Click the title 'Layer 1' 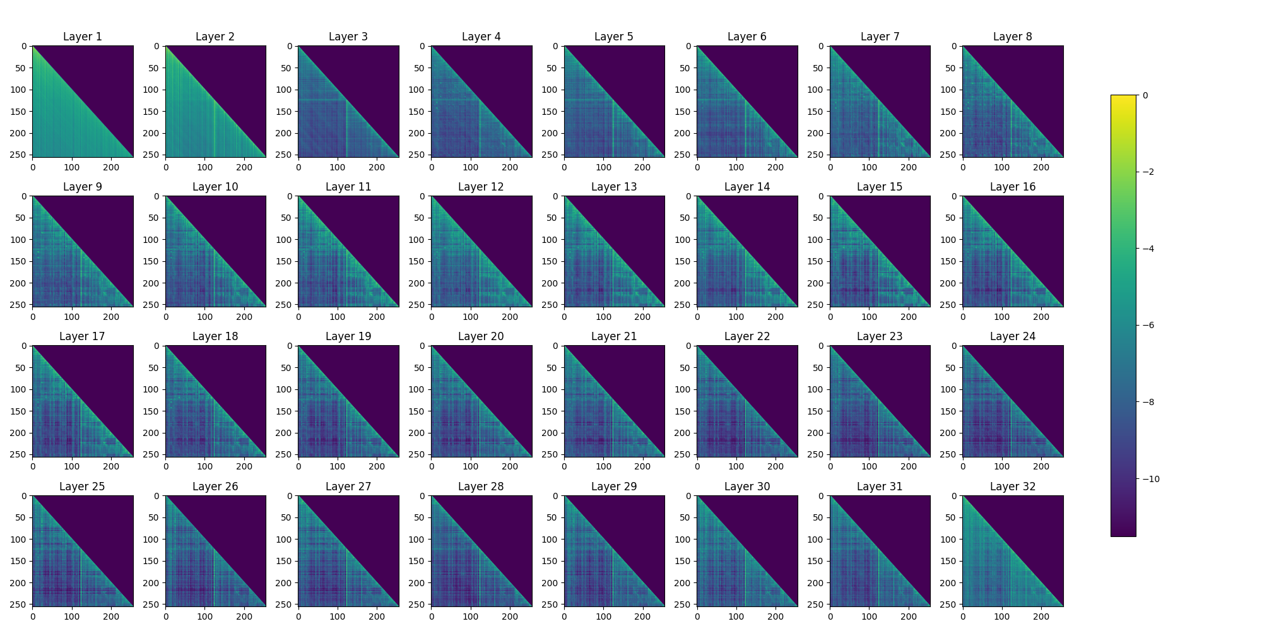[82, 37]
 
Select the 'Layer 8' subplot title [1012, 37]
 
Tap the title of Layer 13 [613, 187]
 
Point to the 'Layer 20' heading [481, 336]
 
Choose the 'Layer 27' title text [348, 487]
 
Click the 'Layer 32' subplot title [1012, 487]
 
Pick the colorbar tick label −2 [1148, 172]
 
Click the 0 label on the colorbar [1145, 96]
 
